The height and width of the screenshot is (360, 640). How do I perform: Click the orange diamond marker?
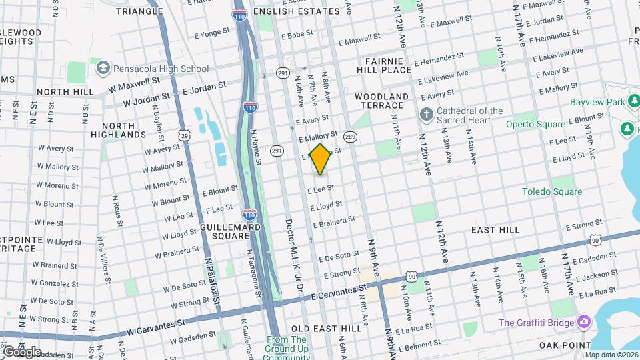click(x=320, y=159)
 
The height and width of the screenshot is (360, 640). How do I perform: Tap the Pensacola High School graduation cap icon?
click(x=103, y=68)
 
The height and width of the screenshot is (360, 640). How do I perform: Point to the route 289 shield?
click(x=349, y=137)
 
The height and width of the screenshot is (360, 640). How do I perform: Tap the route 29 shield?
click(x=185, y=135)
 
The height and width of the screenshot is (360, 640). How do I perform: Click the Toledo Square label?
click(x=551, y=191)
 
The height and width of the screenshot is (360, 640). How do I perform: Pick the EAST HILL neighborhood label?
click(x=495, y=229)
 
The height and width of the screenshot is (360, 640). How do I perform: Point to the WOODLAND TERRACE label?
click(x=379, y=101)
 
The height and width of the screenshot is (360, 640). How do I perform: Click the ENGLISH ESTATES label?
click(x=297, y=11)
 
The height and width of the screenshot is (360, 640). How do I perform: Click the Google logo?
click(x=21, y=351)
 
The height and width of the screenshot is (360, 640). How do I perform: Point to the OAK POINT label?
click(x=565, y=345)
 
